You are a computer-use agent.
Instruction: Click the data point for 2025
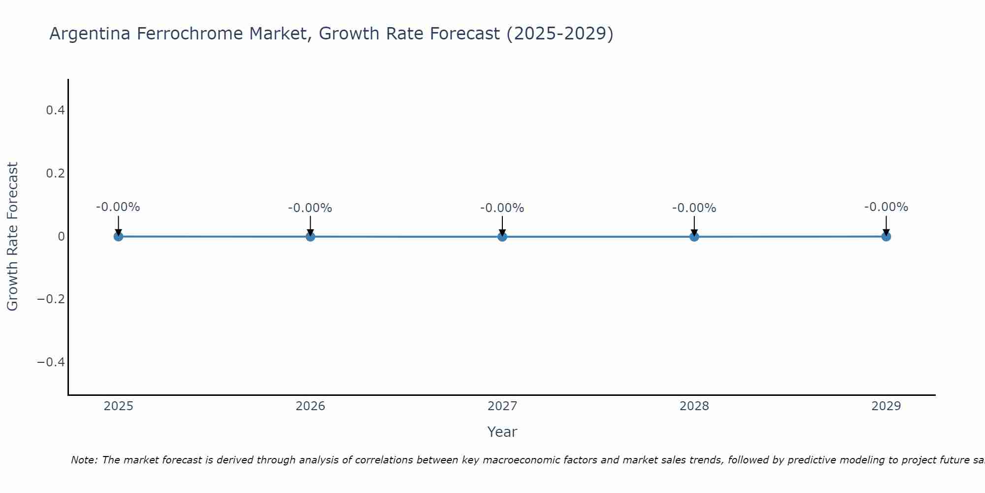[118, 237]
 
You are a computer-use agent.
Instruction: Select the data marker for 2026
[310, 237]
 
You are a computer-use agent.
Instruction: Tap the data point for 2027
[502, 237]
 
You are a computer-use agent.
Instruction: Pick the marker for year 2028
[694, 237]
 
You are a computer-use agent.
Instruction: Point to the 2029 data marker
[886, 237]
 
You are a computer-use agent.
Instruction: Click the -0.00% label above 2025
[118, 207]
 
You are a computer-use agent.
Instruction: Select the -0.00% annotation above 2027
[502, 208]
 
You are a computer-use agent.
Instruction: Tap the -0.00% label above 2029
[886, 207]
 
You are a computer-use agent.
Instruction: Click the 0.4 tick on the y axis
[55, 110]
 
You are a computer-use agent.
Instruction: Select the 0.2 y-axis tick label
[55, 174]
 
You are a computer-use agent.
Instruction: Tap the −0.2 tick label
[51, 299]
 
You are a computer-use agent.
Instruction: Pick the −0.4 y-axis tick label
[51, 362]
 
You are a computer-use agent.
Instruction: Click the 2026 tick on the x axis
[310, 406]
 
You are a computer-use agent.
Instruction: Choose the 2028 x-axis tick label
[694, 406]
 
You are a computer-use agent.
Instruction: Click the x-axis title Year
[502, 432]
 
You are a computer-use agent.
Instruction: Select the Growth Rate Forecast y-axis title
[13, 237]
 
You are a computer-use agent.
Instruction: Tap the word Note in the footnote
[84, 460]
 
